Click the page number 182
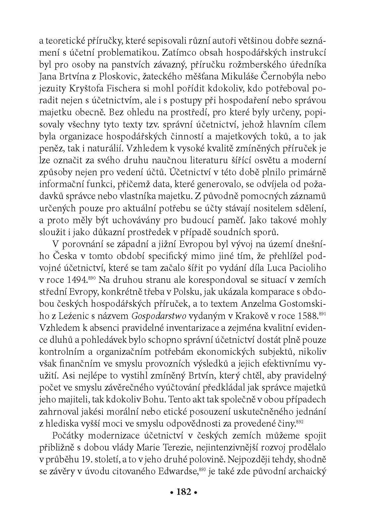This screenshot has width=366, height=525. (x=183, y=492)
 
